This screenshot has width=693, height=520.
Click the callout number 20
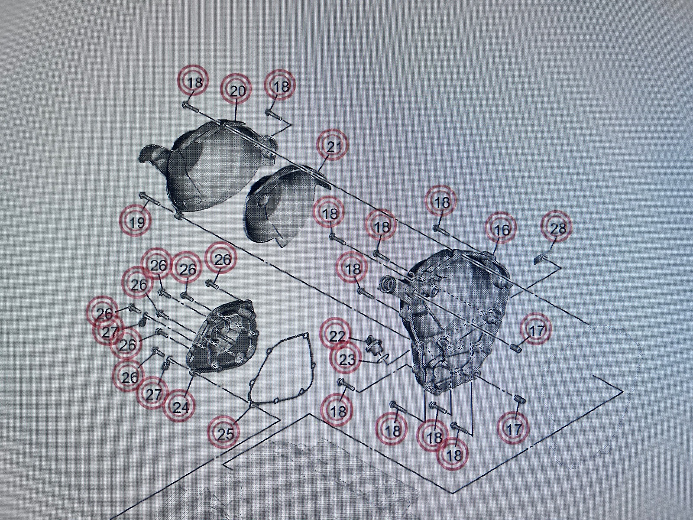click(x=237, y=91)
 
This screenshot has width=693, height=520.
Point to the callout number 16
click(x=502, y=230)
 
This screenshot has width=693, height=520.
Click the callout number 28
click(x=558, y=228)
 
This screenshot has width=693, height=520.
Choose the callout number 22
click(x=337, y=336)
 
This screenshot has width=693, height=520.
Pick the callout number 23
click(x=347, y=359)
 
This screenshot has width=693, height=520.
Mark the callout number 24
click(x=180, y=408)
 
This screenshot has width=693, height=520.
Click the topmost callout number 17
click(x=536, y=331)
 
